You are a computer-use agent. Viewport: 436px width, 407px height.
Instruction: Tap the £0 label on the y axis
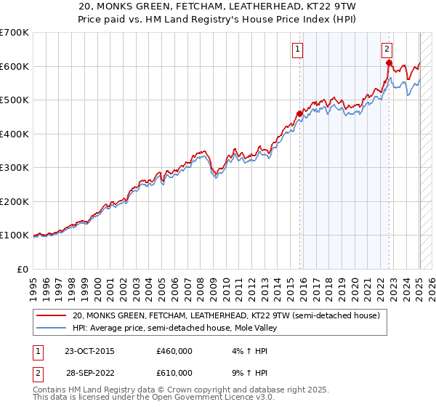click(23, 269)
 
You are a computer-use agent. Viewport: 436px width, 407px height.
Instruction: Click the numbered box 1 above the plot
click(299, 49)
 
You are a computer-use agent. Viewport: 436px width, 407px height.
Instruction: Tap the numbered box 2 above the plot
click(387, 49)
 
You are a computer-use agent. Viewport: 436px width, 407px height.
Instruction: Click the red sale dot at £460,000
click(299, 113)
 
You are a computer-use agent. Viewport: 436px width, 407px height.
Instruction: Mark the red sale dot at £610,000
click(389, 63)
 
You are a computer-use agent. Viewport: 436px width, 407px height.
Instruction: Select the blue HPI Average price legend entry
click(174, 328)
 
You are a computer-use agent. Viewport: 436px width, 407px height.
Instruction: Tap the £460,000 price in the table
click(174, 351)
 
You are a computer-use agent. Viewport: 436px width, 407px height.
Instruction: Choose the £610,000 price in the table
click(174, 372)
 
